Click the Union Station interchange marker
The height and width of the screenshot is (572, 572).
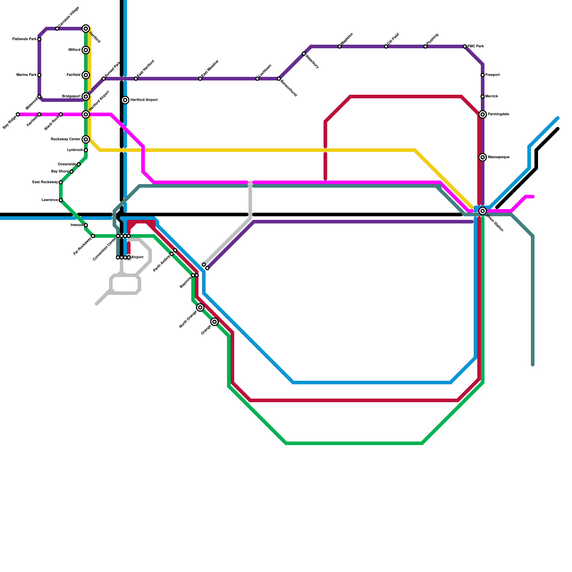pyautogui.click(x=483, y=211)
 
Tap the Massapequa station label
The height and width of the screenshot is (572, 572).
pyautogui.click(x=498, y=157)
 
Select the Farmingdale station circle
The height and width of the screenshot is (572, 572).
pyautogui.click(x=483, y=114)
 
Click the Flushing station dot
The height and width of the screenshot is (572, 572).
pyautogui.click(x=425, y=46)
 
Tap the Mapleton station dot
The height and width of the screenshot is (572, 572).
pyautogui.click(x=340, y=46)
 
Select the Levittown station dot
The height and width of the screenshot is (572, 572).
pyautogui.click(x=257, y=79)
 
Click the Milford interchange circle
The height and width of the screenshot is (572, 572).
pyautogui.click(x=86, y=50)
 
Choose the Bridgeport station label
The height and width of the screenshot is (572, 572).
pyautogui.click(x=71, y=97)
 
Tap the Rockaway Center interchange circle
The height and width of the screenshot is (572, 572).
pyautogui.click(x=86, y=139)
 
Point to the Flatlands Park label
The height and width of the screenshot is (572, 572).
pyautogui.click(x=24, y=39)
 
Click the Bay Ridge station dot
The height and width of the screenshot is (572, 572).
pyautogui.click(x=18, y=114)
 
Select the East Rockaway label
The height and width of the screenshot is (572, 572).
pyautogui.click(x=45, y=182)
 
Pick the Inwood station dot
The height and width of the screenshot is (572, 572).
pyautogui.click(x=86, y=225)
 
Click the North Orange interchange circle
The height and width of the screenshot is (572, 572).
pyautogui.click(x=200, y=307)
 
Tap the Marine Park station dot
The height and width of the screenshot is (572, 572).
pyautogui.click(x=39, y=75)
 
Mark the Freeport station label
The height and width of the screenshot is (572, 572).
pyautogui.click(x=492, y=75)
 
